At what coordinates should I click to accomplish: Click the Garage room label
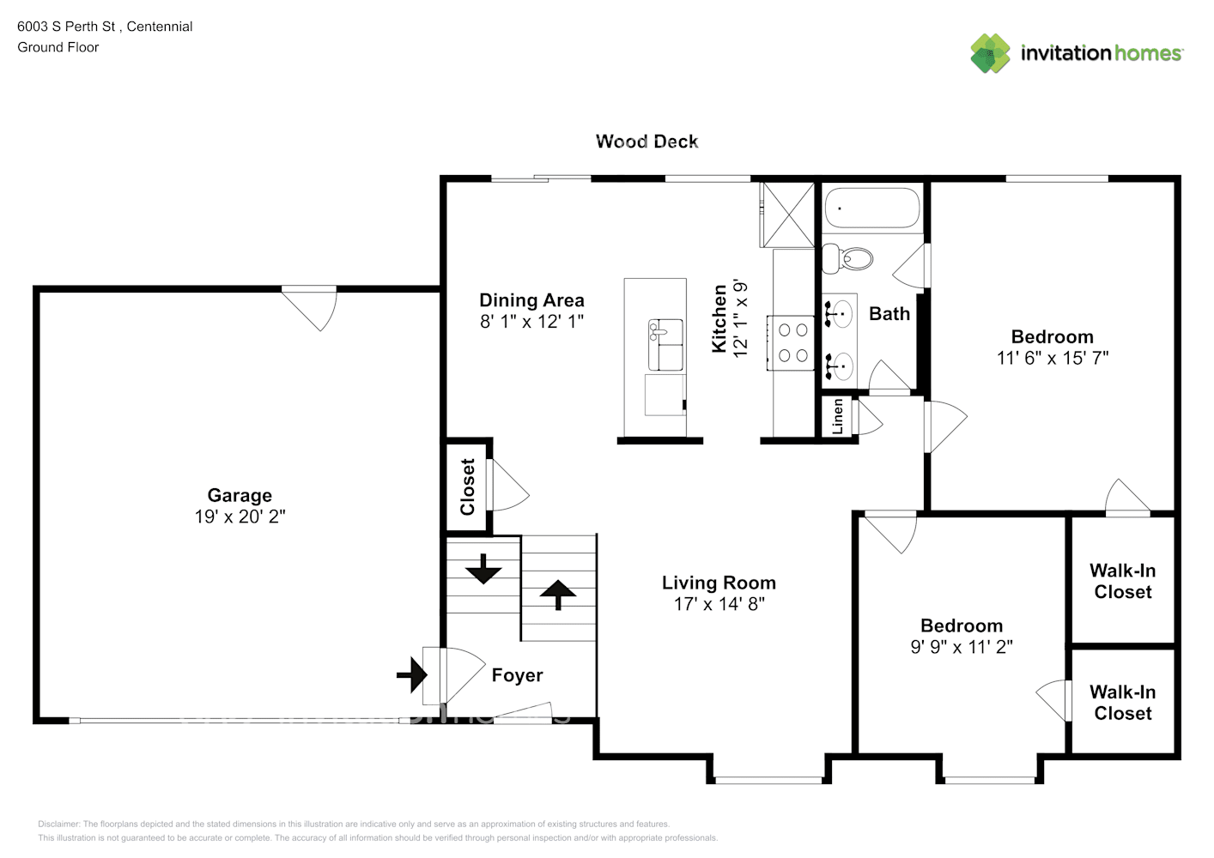pyautogui.click(x=240, y=495)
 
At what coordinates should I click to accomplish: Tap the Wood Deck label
pyautogui.click(x=646, y=142)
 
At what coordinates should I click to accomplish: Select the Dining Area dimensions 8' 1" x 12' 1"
pyautogui.click(x=531, y=322)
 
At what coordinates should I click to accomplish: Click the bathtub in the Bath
pyautogui.click(x=872, y=208)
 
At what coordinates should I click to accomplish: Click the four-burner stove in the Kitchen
pyautogui.click(x=792, y=342)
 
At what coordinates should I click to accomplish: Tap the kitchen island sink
pyautogui.click(x=665, y=331)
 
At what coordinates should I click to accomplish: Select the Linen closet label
pyautogui.click(x=838, y=417)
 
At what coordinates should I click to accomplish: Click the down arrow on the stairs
pyautogui.click(x=483, y=569)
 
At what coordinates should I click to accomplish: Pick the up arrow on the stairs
pyautogui.click(x=559, y=594)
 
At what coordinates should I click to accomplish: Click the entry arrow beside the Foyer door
pyautogui.click(x=413, y=674)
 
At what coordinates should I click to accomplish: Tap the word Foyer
pyautogui.click(x=517, y=675)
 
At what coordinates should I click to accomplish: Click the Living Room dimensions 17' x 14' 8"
pyautogui.click(x=719, y=604)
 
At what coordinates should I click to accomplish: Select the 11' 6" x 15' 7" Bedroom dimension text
pyautogui.click(x=1052, y=359)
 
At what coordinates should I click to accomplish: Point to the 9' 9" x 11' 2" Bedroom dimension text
pyautogui.click(x=961, y=647)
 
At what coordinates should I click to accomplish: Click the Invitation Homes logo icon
pyautogui.click(x=990, y=53)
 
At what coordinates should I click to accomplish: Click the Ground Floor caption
pyautogui.click(x=58, y=47)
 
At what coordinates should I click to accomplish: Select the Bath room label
pyautogui.click(x=889, y=314)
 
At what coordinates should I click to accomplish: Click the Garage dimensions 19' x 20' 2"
pyautogui.click(x=240, y=517)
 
